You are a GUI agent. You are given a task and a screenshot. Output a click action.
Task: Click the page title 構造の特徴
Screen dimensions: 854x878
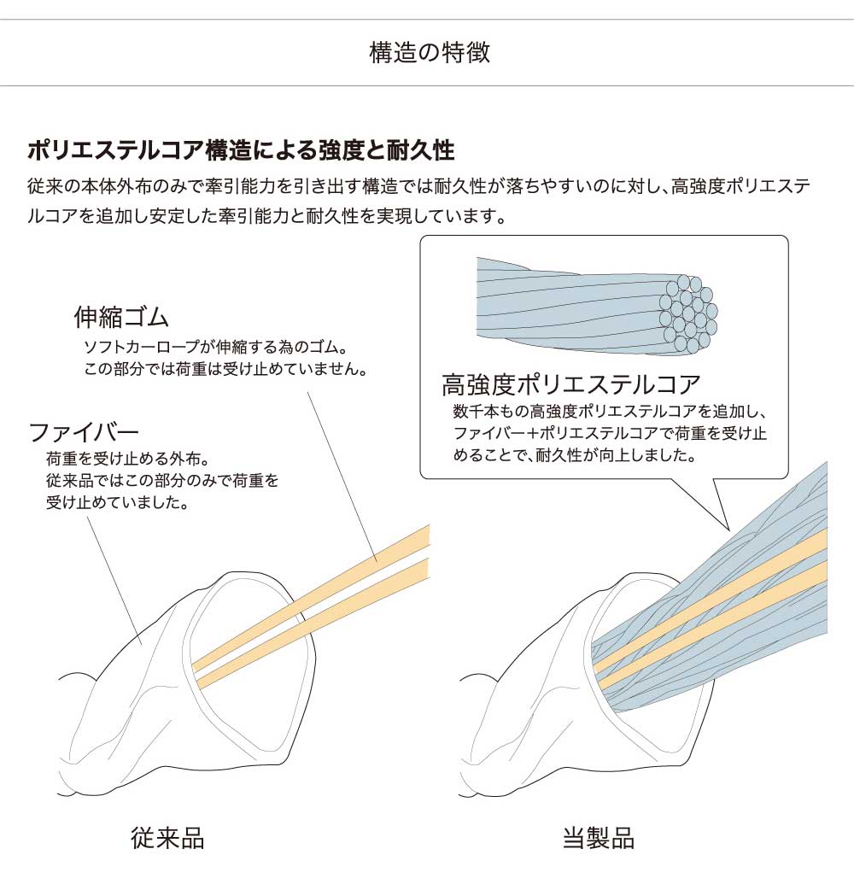[x=430, y=53]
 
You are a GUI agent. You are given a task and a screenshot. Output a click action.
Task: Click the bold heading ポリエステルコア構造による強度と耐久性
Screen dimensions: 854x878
[x=241, y=150]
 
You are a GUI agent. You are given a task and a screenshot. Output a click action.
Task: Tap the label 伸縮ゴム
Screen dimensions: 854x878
[x=121, y=317]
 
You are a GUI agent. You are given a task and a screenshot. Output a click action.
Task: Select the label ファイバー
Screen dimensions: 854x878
[x=84, y=432]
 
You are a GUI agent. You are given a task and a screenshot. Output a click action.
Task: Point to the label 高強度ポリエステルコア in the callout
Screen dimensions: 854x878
[x=570, y=384]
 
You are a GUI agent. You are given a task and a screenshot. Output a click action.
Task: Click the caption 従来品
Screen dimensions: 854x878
[x=167, y=838]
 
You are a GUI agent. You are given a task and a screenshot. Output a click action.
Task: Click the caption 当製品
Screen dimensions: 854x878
[x=598, y=838]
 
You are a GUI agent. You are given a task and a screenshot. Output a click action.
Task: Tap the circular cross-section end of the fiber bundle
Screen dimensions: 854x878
[x=688, y=314]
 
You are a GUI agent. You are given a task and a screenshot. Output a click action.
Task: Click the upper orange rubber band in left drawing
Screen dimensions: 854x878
[x=311, y=597]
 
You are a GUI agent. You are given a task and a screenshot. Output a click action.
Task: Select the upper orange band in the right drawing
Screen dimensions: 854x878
[x=710, y=602]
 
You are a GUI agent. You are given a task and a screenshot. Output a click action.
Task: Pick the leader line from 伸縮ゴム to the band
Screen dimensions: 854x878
[x=342, y=476]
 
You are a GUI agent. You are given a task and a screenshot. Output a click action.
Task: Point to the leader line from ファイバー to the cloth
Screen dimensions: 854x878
[x=114, y=580]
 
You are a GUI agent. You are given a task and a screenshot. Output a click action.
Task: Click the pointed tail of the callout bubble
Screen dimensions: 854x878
[x=729, y=530]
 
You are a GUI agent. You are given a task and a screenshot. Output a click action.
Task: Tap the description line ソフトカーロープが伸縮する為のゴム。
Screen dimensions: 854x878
[x=215, y=347]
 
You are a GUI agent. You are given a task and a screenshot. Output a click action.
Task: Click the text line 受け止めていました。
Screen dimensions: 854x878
[x=117, y=502]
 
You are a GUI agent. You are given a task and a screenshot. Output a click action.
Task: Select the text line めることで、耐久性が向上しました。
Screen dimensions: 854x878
[x=574, y=454]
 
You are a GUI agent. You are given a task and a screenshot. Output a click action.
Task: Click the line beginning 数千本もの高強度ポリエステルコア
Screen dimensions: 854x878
[x=609, y=412]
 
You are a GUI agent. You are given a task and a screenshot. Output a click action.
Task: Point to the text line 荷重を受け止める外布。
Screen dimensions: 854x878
[x=128, y=459]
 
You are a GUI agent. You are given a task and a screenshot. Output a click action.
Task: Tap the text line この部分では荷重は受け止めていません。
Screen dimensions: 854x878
[x=225, y=369]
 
